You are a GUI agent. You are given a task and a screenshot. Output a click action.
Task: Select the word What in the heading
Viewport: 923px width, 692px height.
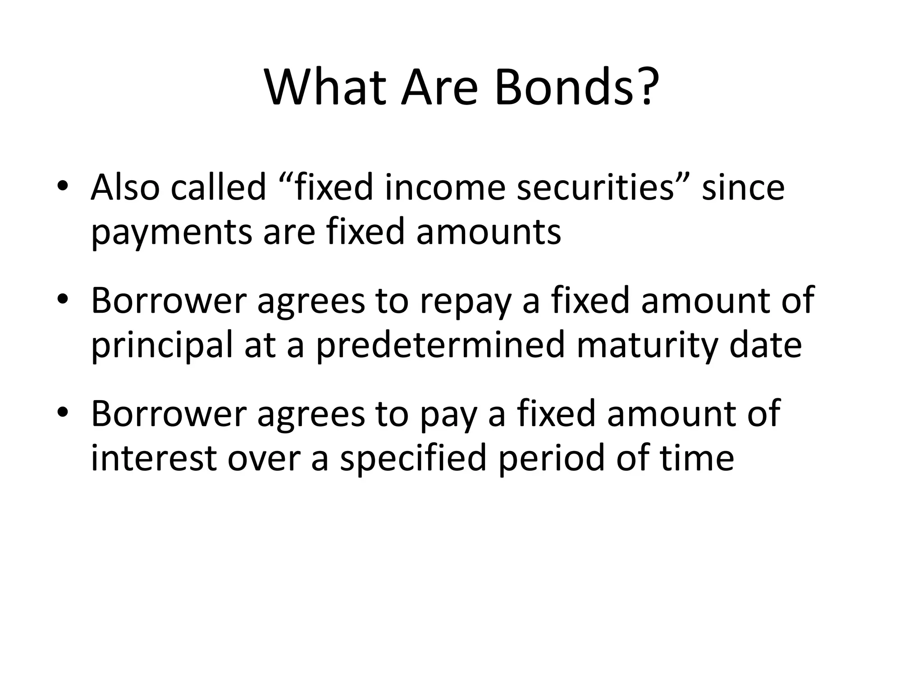[x=325, y=87]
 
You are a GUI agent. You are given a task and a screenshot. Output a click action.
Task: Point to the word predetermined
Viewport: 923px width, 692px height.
[x=440, y=345]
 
